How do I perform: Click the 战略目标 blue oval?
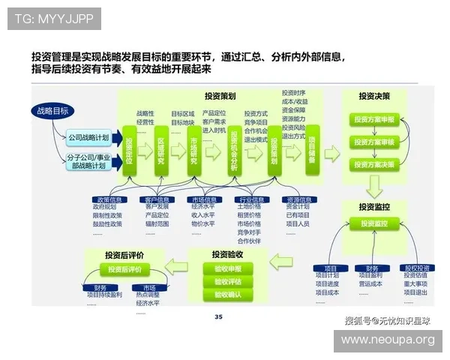click(54, 111)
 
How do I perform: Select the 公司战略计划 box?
click(88, 138)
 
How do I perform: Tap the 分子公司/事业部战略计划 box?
click(88, 161)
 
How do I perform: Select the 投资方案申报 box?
click(374, 120)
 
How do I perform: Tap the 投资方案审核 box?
click(374, 142)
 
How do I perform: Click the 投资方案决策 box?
click(374, 163)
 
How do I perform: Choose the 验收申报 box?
click(228, 268)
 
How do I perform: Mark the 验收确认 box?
click(228, 295)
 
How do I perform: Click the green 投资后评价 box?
click(124, 269)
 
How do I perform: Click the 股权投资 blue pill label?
click(417, 268)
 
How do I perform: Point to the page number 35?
click(218, 317)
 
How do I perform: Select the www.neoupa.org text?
click(388, 340)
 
